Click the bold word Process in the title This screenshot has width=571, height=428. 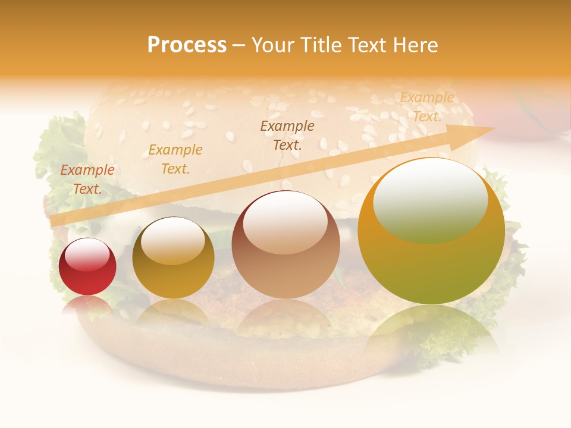[x=187, y=45]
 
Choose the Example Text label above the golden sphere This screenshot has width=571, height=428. [x=175, y=159]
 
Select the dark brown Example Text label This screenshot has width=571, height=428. [x=287, y=136]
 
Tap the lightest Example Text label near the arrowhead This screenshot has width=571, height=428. [x=427, y=107]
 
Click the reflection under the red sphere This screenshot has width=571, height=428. [x=87, y=304]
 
